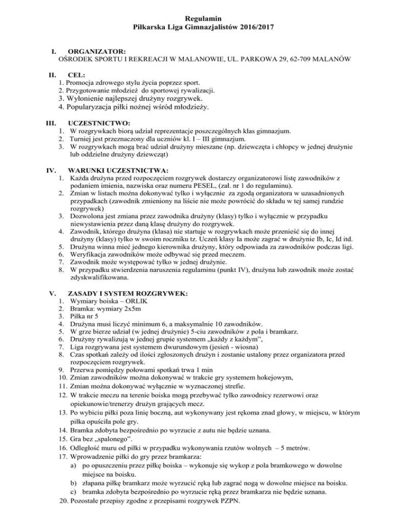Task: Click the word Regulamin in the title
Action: [196, 18]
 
